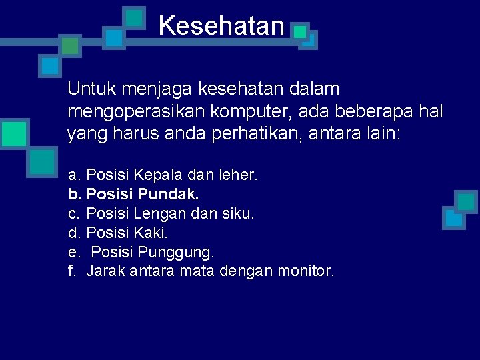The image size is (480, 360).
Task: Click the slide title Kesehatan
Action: coord(221,26)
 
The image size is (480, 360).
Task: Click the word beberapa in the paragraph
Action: coord(373,111)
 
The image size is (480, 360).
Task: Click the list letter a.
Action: coord(73,175)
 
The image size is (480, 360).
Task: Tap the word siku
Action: coord(237,214)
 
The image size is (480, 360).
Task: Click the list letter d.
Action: coord(73,233)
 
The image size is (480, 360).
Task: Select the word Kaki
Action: coord(151,233)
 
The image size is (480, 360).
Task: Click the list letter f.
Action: coord(72,271)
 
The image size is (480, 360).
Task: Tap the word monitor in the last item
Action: coord(305,271)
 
